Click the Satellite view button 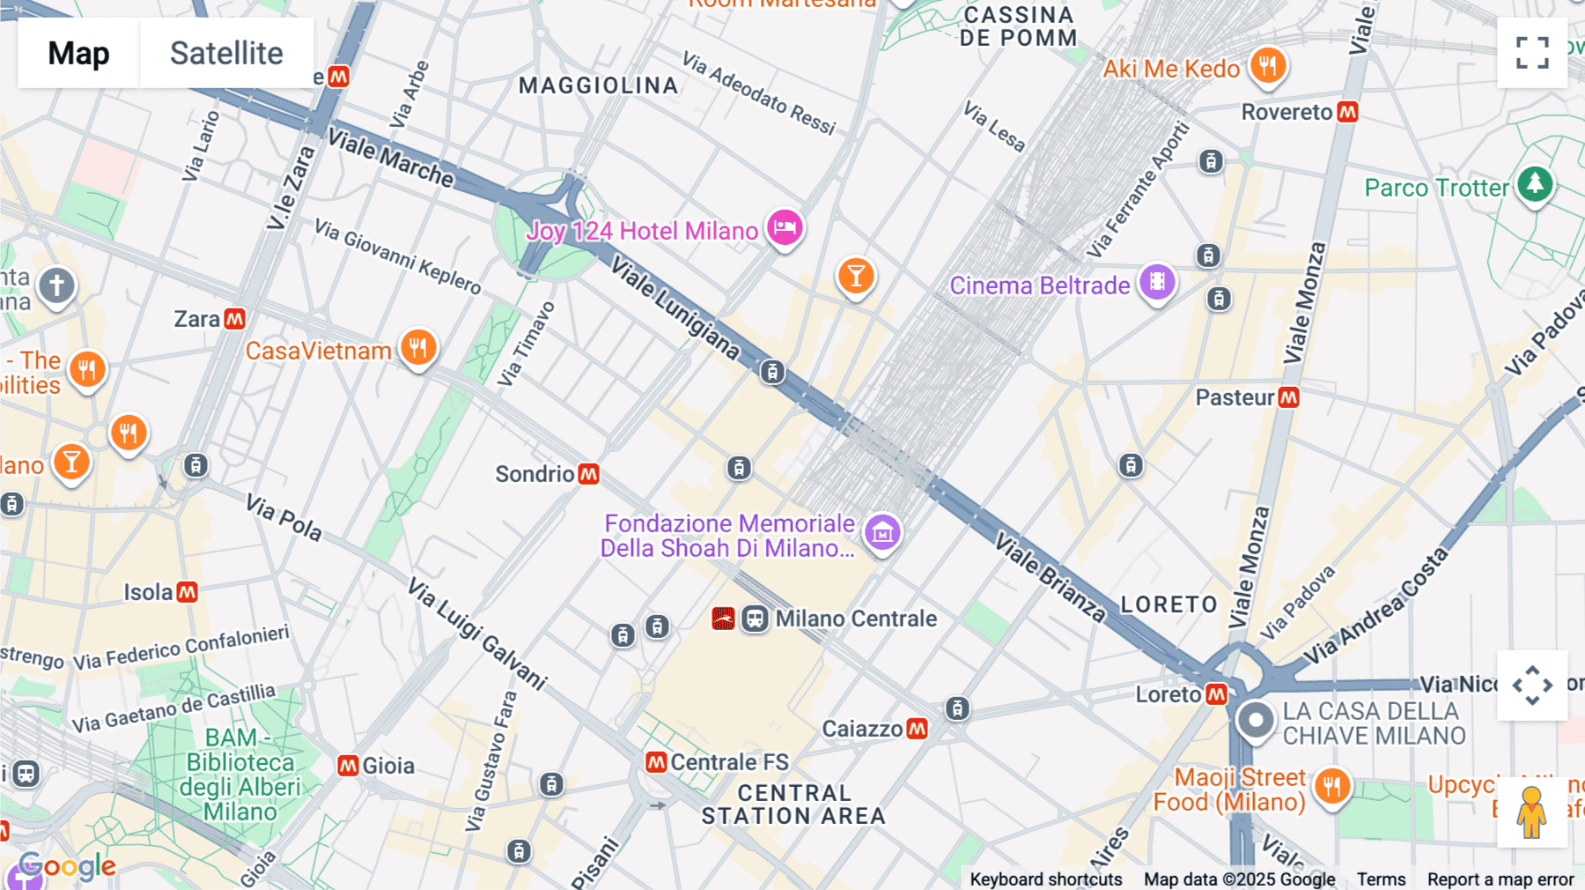226,53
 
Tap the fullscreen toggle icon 1532,53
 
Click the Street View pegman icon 1532,812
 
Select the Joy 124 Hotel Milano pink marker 785,228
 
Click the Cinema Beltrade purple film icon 1157,283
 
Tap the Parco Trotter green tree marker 1536,184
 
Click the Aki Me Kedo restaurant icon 1268,65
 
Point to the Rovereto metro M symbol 1347,112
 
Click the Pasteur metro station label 1235,397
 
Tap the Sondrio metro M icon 588,474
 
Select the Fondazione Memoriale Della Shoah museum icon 882,532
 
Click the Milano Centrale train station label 855,619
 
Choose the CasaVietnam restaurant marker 418,347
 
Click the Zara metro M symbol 234,319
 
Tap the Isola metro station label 148,592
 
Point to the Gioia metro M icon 349,766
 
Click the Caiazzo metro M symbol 917,729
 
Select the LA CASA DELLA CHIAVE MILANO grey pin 1256,720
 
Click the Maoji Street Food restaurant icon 1332,785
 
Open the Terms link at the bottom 1381,879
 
